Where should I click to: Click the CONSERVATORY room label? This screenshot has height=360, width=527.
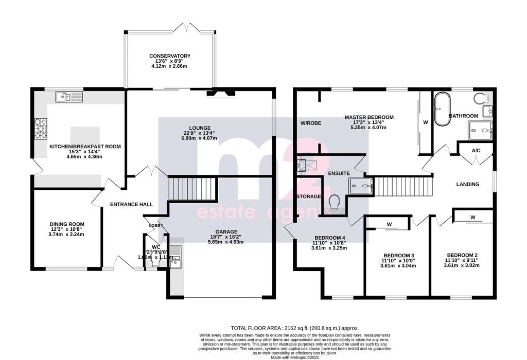point(170,56)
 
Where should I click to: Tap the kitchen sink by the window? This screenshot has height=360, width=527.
point(68,96)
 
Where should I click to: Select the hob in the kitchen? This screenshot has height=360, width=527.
point(41,129)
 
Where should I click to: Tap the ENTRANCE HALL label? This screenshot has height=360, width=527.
point(131,204)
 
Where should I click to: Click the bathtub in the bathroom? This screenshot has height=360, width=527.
point(442,109)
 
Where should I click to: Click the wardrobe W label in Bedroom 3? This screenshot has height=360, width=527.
point(389,224)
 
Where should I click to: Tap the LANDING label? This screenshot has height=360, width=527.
point(468,184)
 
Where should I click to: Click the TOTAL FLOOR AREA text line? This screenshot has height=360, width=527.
point(294,328)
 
